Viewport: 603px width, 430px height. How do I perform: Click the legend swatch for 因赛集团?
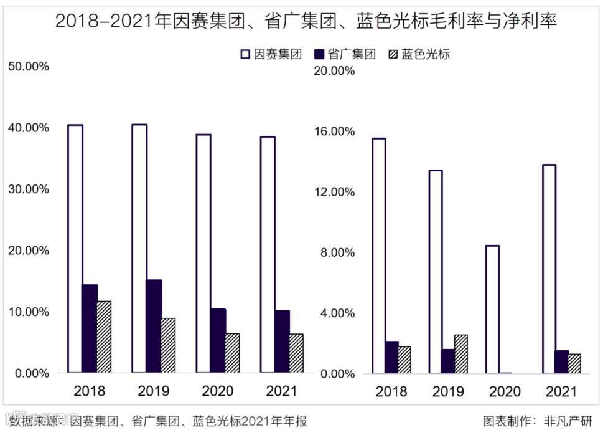click(x=245, y=54)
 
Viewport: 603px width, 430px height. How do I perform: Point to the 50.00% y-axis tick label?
click(x=28, y=67)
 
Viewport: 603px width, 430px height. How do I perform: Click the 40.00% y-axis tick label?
click(x=28, y=128)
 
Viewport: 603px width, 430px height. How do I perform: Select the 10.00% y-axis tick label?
click(x=28, y=312)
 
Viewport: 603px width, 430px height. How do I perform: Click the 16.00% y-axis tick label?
click(x=337, y=131)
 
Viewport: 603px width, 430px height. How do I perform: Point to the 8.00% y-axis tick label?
click(x=340, y=252)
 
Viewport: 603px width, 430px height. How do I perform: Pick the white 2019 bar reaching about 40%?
click(x=139, y=248)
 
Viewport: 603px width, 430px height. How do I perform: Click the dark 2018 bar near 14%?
click(x=90, y=328)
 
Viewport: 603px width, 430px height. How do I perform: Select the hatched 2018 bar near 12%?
click(x=104, y=337)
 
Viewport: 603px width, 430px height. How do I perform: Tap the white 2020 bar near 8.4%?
click(x=492, y=309)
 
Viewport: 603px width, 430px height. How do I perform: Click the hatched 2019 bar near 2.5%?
click(x=460, y=354)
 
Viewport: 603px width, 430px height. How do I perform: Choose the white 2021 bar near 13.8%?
click(x=548, y=269)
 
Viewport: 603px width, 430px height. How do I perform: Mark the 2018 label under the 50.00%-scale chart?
click(x=90, y=391)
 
